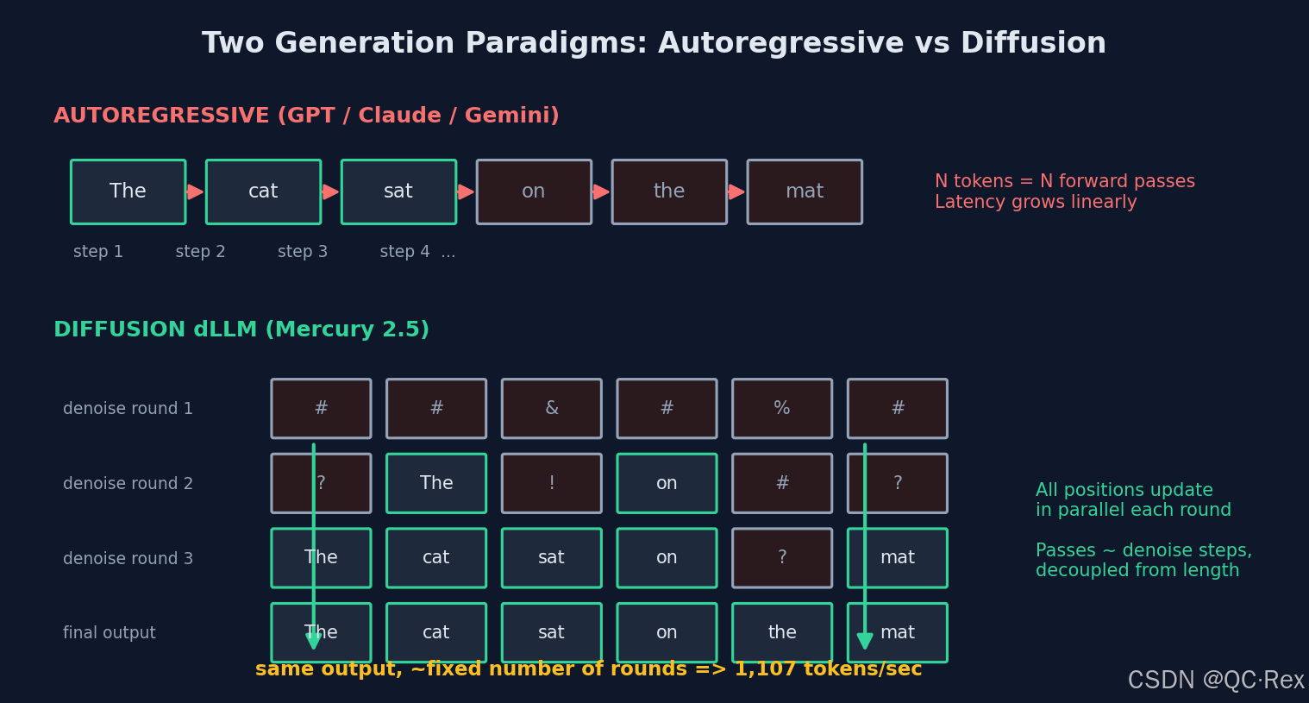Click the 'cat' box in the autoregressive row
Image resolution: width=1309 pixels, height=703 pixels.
click(264, 191)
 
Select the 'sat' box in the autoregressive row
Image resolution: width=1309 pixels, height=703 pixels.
click(398, 191)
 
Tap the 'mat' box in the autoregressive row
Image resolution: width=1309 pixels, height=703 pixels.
click(805, 191)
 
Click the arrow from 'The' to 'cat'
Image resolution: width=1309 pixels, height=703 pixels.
click(196, 191)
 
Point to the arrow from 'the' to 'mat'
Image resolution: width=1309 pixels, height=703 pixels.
click(737, 191)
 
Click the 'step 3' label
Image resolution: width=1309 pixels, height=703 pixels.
click(303, 252)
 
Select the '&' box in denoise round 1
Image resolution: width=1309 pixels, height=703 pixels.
click(552, 409)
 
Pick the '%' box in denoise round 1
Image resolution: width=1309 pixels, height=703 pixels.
click(782, 409)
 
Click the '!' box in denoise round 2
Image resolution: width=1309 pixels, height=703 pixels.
click(552, 483)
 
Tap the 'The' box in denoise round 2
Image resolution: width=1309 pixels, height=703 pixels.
click(436, 483)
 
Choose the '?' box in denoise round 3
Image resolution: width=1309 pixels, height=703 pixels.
click(782, 558)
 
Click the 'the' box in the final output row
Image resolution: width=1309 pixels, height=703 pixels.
click(782, 633)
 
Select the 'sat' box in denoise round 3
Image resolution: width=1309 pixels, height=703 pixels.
click(552, 558)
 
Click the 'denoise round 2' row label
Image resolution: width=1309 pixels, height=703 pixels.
click(128, 484)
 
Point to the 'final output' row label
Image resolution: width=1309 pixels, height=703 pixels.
click(110, 633)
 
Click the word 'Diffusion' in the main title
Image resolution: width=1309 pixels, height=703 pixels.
click(1032, 43)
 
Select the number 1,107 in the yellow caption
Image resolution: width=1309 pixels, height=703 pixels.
click(765, 669)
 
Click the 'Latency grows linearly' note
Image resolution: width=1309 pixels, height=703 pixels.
click(1036, 202)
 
